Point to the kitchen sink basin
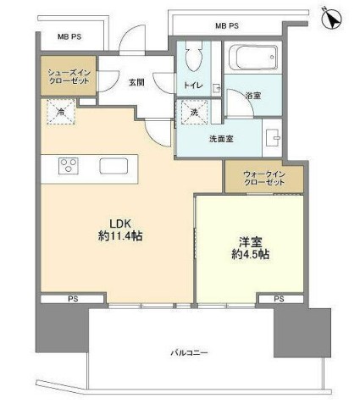point(113,165)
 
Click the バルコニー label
point(190,353)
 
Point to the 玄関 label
point(136,83)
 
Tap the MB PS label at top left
point(69,37)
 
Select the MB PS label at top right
point(226,26)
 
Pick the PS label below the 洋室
point(279,299)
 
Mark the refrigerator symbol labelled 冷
point(62,112)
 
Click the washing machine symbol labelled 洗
point(193,113)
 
